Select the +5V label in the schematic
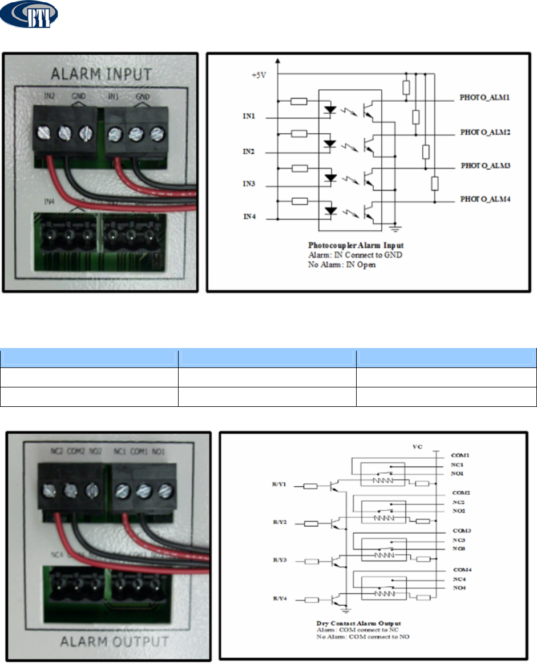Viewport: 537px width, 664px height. point(259,73)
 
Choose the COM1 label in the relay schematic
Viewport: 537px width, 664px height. point(461,455)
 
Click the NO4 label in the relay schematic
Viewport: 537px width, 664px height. point(459,588)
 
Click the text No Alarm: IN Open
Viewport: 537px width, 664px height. point(343,265)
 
